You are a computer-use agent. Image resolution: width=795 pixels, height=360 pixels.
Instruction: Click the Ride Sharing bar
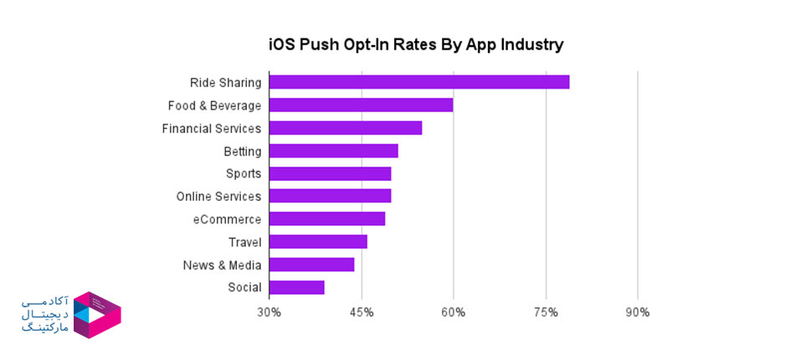tap(419, 82)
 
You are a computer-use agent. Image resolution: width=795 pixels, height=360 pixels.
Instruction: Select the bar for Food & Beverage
tap(362, 105)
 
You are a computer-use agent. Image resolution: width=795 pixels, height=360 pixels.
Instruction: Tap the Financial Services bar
tap(346, 128)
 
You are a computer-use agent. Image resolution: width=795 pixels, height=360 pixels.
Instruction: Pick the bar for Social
tap(297, 287)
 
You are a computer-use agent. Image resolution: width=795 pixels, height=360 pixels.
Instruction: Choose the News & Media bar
tap(312, 265)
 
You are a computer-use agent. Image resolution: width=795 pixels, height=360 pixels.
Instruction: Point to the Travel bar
tap(319, 242)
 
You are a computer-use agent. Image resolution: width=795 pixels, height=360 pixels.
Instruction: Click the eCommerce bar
tap(327, 219)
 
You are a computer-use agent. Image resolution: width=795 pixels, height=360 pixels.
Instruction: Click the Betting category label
tap(243, 152)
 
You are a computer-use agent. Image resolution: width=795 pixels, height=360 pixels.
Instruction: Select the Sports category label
tap(244, 174)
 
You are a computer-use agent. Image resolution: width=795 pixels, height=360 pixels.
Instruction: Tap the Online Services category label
tap(218, 197)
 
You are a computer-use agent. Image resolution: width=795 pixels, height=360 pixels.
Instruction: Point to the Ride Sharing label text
tap(225, 83)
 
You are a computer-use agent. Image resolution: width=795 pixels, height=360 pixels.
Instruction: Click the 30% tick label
tap(269, 313)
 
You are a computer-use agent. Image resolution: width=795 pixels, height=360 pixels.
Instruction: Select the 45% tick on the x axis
tap(362, 313)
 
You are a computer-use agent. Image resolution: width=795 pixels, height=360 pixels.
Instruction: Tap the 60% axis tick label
tap(454, 313)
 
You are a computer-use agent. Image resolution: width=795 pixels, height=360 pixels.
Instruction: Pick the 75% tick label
tap(546, 313)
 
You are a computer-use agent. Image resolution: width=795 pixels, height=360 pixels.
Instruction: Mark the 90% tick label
tap(638, 313)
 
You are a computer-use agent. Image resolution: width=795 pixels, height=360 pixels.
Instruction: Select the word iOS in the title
tap(282, 44)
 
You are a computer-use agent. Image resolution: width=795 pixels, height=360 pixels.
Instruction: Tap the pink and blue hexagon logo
tap(97, 315)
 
